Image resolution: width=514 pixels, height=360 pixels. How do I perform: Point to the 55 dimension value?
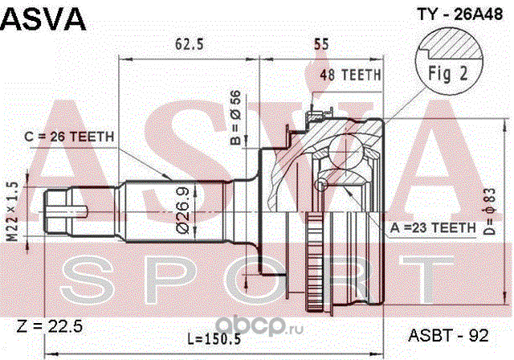(x=322, y=47)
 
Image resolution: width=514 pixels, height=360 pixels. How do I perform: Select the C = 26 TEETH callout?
(x=70, y=136)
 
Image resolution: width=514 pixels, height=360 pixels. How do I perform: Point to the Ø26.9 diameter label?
(x=184, y=211)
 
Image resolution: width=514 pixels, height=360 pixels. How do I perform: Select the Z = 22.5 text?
(x=50, y=325)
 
